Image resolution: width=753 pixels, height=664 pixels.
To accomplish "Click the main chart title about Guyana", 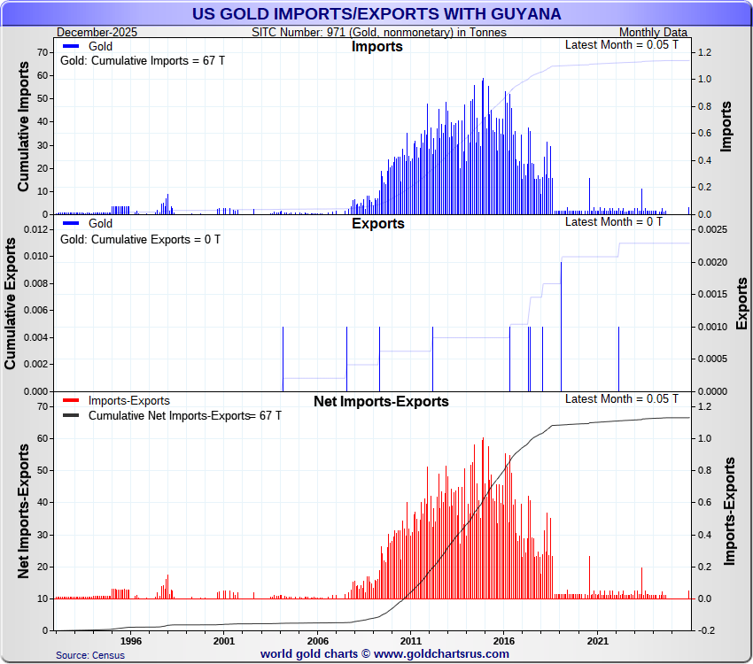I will click(376, 14).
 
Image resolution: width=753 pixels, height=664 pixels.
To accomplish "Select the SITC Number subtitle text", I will click(379, 32).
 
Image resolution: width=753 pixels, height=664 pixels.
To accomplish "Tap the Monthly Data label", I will click(653, 32).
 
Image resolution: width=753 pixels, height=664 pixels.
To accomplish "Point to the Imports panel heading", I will click(376, 47).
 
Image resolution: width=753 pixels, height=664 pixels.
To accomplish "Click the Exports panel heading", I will click(377, 224).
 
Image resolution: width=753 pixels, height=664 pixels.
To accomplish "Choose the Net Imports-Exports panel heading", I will click(381, 402).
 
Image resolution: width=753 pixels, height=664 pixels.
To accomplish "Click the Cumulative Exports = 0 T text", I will click(140, 239).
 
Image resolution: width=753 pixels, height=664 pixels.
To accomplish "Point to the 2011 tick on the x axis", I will click(410, 641).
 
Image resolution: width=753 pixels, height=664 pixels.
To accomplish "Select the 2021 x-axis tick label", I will click(597, 641).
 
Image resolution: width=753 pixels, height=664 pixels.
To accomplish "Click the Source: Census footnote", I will click(90, 655).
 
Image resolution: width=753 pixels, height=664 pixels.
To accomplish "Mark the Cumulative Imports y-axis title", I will click(25, 132).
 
